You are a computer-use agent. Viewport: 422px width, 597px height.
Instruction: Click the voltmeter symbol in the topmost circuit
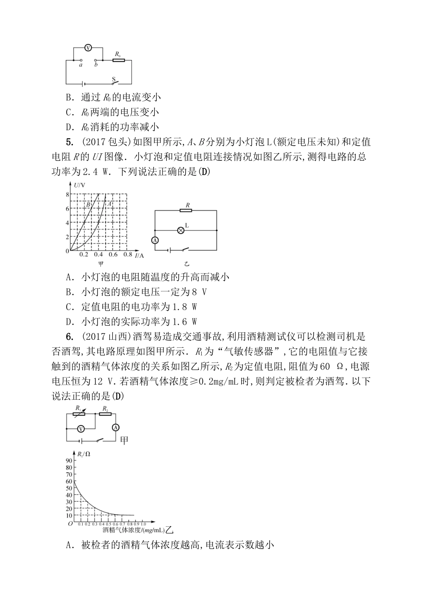[x=88, y=48]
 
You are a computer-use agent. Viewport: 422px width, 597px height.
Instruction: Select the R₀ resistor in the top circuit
[x=118, y=60]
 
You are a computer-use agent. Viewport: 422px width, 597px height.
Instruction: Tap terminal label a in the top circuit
[x=80, y=65]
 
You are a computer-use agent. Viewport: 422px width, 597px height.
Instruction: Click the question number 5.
[x=69, y=142]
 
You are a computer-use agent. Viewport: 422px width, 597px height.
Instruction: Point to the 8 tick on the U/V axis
[x=68, y=194]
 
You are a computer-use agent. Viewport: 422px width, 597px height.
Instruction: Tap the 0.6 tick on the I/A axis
[x=113, y=255]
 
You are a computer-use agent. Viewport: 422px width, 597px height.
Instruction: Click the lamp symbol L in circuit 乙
[x=181, y=230]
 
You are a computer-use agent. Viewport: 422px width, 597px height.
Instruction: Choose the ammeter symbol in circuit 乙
[x=155, y=240]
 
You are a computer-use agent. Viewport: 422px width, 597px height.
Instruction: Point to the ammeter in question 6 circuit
[x=115, y=428]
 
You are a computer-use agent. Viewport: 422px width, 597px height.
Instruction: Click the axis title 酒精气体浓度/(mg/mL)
[x=133, y=530]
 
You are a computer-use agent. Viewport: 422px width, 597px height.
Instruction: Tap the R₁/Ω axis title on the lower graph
[x=84, y=454]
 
